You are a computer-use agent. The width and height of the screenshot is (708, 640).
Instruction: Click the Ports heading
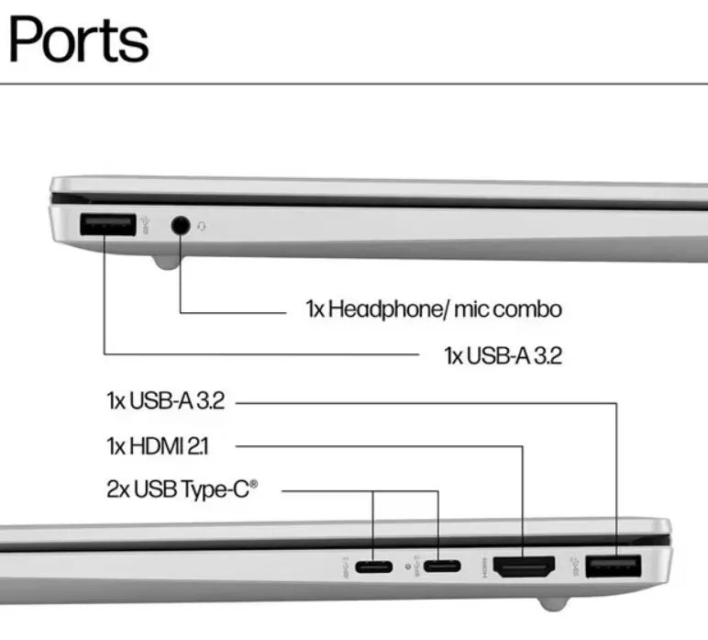(78, 39)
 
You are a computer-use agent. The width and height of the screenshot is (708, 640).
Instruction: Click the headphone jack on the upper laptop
(180, 225)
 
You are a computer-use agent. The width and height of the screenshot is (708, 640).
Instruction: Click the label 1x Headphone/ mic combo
(433, 309)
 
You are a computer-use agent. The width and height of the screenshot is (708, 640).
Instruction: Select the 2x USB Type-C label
(182, 488)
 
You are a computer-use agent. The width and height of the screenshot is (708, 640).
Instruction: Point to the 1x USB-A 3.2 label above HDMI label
(165, 401)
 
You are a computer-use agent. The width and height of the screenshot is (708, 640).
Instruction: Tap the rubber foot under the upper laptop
(166, 264)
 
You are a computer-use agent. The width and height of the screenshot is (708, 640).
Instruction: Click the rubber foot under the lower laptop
(550, 603)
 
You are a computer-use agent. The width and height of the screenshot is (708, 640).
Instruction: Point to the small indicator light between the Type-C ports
(406, 565)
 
